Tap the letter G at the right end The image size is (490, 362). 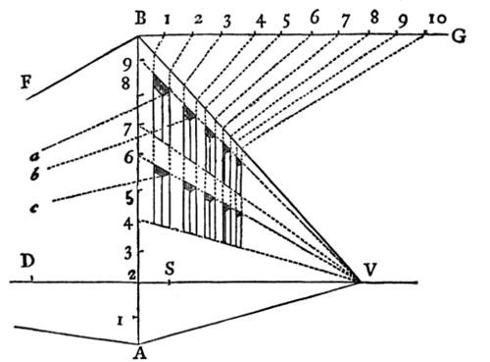coord(458,36)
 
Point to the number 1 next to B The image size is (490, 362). coord(169,18)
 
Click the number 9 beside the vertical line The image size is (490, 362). coord(124,66)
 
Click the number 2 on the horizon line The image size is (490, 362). coord(129,275)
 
